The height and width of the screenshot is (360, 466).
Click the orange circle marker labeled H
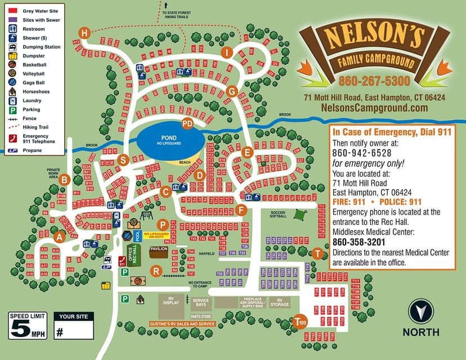[x=85, y=33]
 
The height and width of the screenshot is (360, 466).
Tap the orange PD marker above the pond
[x=187, y=123]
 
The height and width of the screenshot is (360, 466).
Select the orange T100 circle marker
[x=301, y=322]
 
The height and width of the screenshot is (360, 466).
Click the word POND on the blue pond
[x=168, y=138]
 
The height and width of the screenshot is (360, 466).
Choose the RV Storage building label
[x=279, y=303]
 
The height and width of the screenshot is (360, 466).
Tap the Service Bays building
[x=201, y=303]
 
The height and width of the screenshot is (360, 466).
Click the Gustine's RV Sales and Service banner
[x=182, y=324]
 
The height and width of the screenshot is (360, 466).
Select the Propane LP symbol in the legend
[x=12, y=151]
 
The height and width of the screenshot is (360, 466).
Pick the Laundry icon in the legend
[x=12, y=101]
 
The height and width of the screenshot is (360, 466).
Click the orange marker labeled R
[x=156, y=271]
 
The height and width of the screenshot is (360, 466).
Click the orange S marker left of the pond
[x=123, y=159]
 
